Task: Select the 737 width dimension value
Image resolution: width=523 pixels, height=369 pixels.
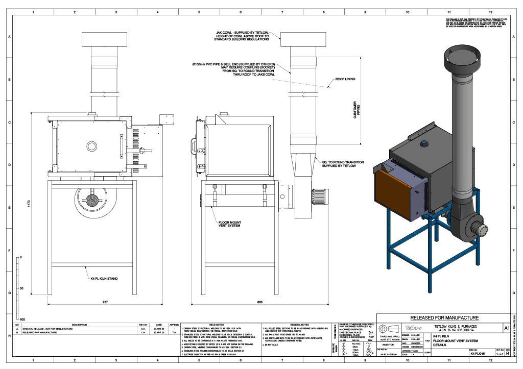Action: pyautogui.click(x=105, y=303)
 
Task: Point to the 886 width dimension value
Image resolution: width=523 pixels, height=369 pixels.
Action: pyautogui.click(x=260, y=303)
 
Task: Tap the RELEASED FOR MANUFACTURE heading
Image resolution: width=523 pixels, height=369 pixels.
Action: pyautogui.click(x=444, y=317)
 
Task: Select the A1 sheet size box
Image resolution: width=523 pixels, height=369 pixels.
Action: pyautogui.click(x=506, y=327)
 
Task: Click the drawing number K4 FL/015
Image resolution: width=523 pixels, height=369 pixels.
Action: pyautogui.click(x=477, y=353)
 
